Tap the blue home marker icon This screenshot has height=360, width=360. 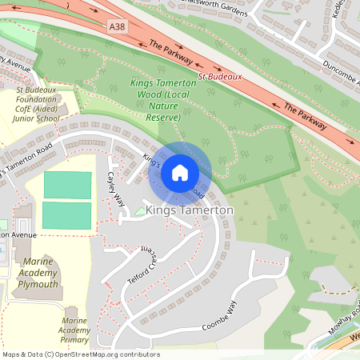[x=180, y=173]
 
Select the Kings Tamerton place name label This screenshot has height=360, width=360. [x=190, y=210]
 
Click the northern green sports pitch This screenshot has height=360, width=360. [x=67, y=186]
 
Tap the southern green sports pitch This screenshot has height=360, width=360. [x=67, y=215]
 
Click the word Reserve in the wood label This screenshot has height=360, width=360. [x=163, y=118]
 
